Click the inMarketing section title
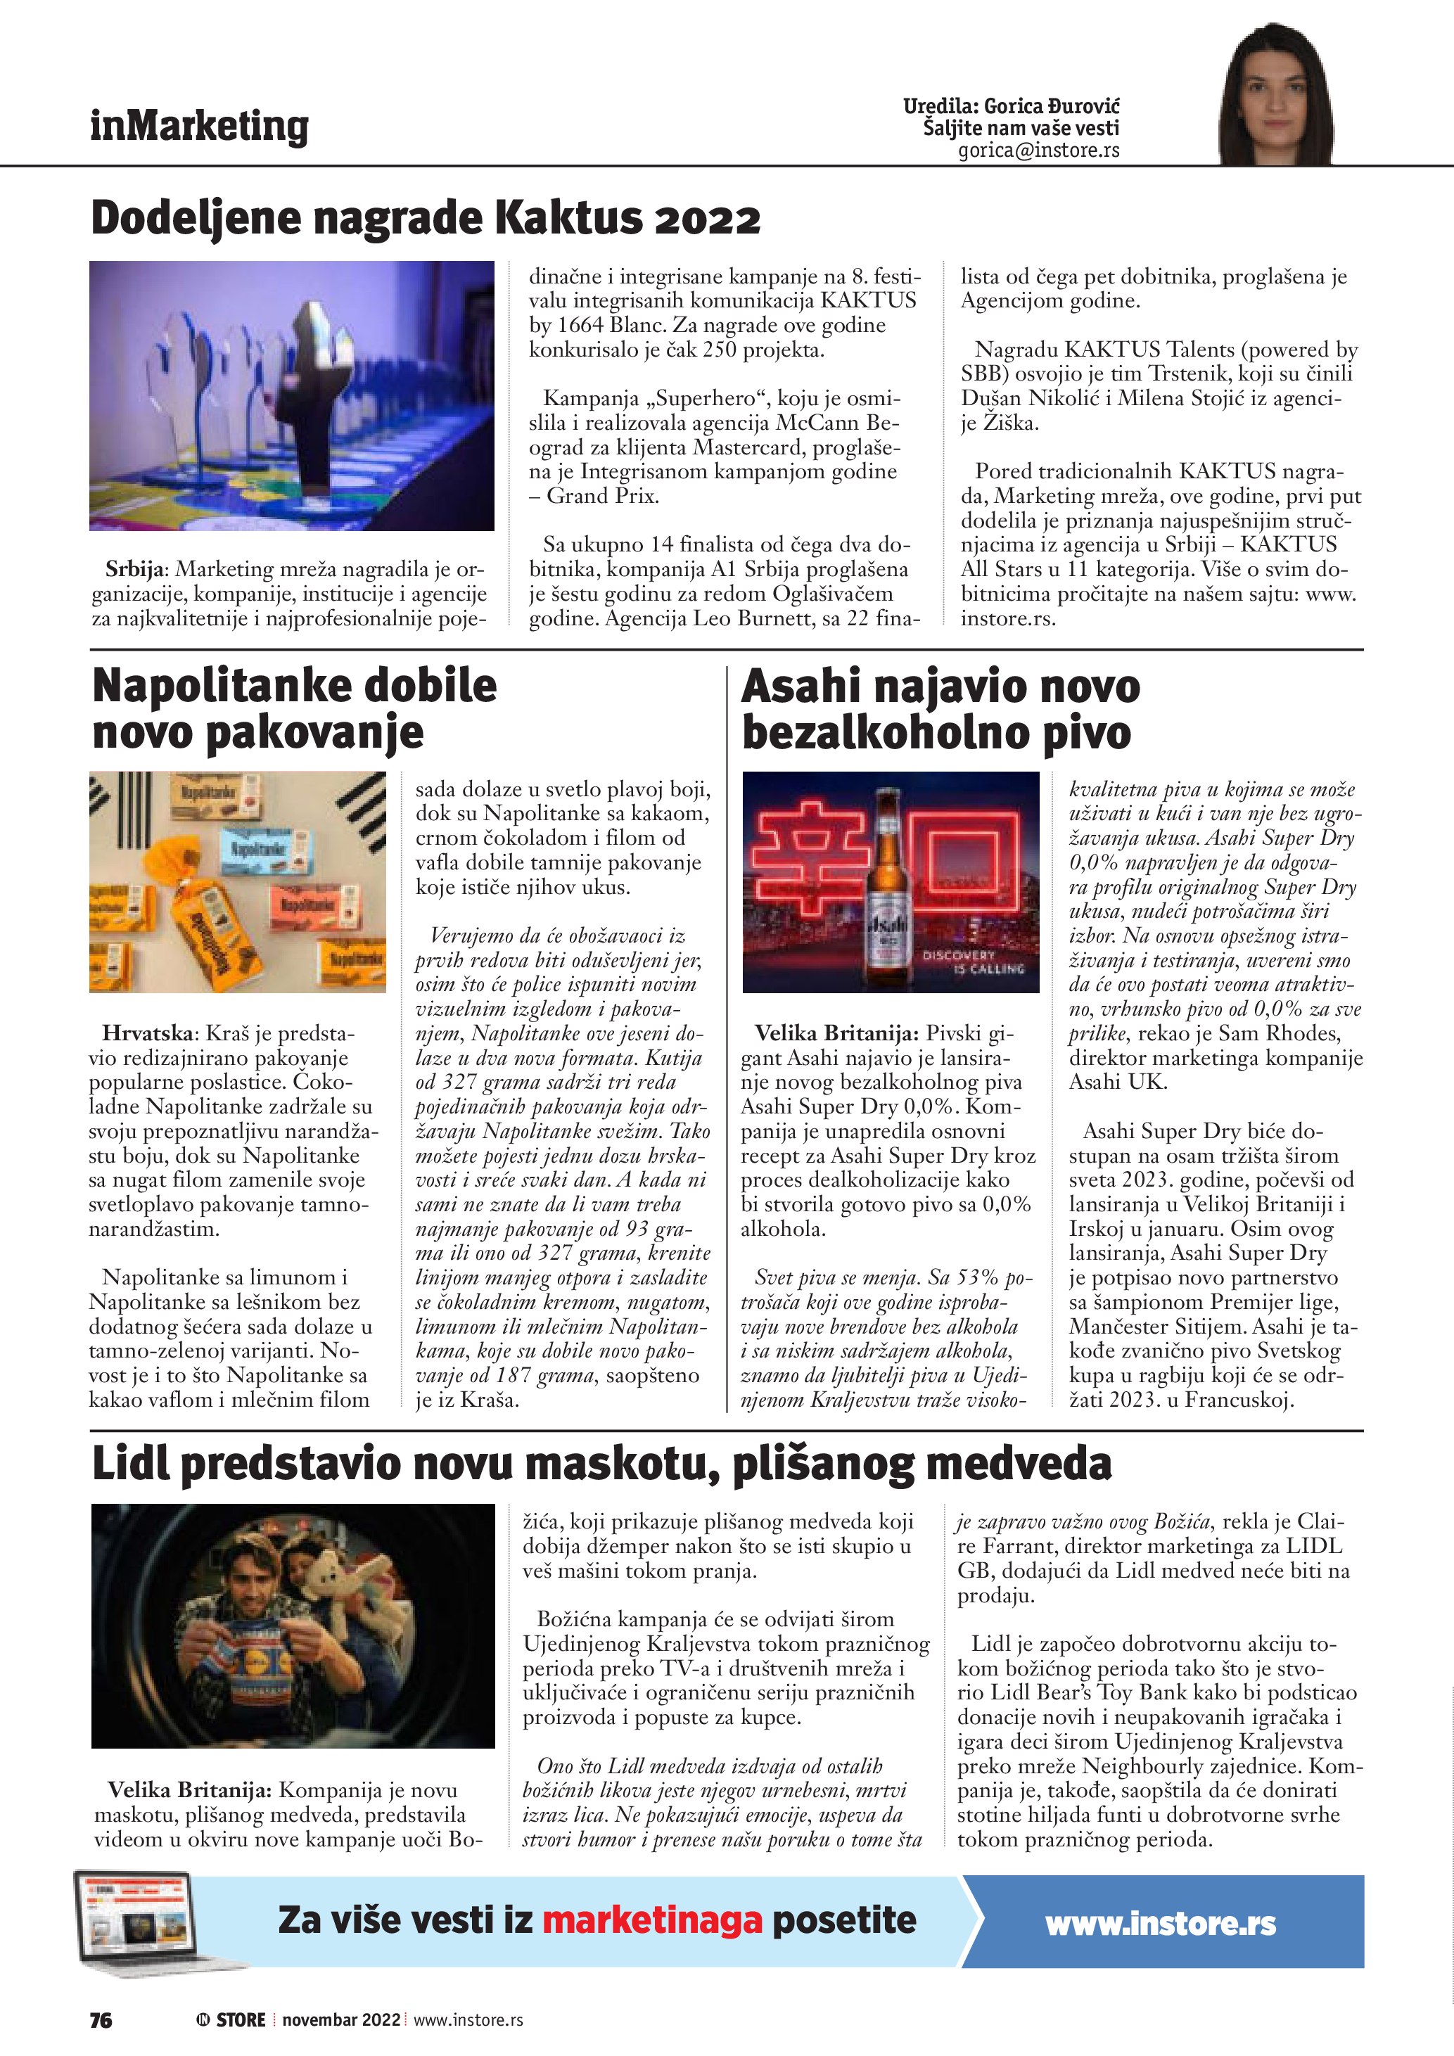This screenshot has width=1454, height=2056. pyautogui.click(x=199, y=127)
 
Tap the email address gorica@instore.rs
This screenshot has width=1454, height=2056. pyautogui.click(x=1038, y=151)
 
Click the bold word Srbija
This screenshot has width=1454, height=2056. pyautogui.click(x=136, y=568)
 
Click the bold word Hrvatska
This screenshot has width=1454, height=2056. pyautogui.click(x=147, y=1033)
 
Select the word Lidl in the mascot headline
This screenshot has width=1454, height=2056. pyautogui.click(x=131, y=1464)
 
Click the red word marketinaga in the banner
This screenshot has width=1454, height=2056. pyautogui.click(x=652, y=1920)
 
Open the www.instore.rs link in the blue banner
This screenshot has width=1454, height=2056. pyautogui.click(x=1161, y=1924)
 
